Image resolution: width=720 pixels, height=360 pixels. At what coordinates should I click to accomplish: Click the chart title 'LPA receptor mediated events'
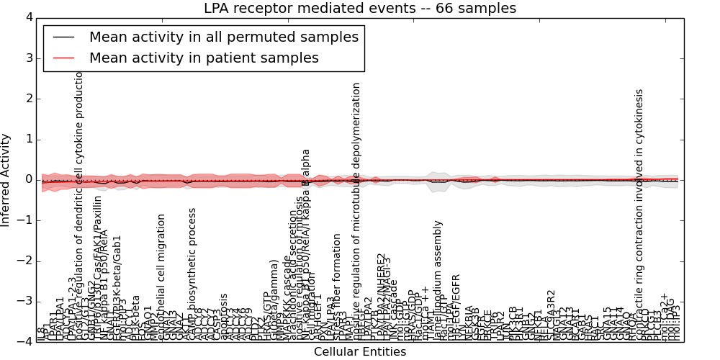pos(360,9)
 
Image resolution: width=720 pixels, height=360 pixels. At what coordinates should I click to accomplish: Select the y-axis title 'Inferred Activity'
pos(6,180)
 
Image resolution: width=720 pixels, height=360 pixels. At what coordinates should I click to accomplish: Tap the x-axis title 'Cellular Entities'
pos(360,352)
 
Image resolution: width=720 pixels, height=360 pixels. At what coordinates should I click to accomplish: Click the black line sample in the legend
pos(63,37)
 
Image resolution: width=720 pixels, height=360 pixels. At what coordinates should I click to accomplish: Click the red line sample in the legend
pos(63,58)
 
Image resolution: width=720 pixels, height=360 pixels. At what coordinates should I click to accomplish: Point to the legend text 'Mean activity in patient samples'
pos(204,58)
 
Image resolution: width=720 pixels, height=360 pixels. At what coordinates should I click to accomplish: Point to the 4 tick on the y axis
pos(29,17)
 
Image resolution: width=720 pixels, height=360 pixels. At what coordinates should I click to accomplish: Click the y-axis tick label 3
pos(29,58)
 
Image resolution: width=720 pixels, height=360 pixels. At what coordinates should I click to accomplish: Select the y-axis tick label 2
pos(29,99)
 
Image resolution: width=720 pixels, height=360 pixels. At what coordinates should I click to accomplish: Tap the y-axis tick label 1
pos(29,139)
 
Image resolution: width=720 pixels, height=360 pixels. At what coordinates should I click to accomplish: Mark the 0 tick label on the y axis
pos(29,179)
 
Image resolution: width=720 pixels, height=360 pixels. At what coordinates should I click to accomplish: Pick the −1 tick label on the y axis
pos(26,220)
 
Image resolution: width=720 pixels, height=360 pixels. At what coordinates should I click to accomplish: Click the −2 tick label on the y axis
pos(26,261)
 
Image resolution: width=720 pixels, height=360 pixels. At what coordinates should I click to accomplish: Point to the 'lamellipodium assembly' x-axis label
pos(437,281)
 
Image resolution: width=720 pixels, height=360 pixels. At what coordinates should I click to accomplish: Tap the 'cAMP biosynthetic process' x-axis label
pos(192,274)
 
